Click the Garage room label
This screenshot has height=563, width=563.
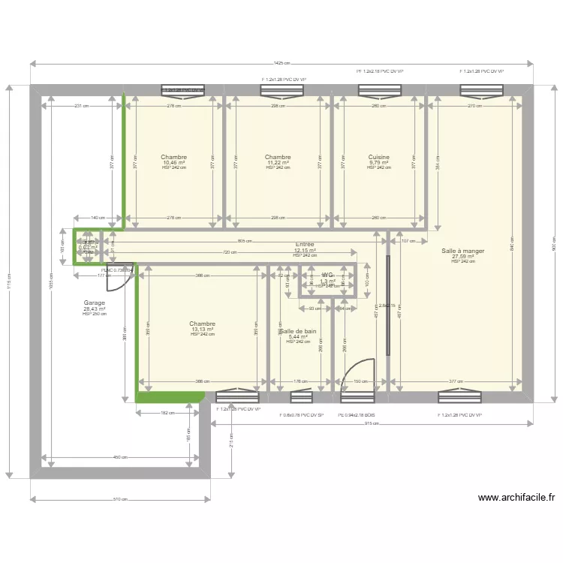[95, 303]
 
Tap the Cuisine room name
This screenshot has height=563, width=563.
[378, 157]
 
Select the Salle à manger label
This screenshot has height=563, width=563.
[462, 251]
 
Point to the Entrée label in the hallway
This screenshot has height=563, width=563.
[304, 244]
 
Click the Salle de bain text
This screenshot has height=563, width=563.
[298, 331]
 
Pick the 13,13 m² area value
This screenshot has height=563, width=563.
[203, 329]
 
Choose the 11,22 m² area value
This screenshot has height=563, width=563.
[277, 162]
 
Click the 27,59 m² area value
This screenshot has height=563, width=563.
[462, 257]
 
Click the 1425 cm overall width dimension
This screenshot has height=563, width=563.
[282, 63]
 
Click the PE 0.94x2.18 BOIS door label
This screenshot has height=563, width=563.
[357, 414]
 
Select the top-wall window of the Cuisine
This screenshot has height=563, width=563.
[378, 91]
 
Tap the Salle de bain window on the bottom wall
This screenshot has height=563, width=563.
[300, 397]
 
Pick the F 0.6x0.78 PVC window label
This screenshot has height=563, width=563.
[301, 414]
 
